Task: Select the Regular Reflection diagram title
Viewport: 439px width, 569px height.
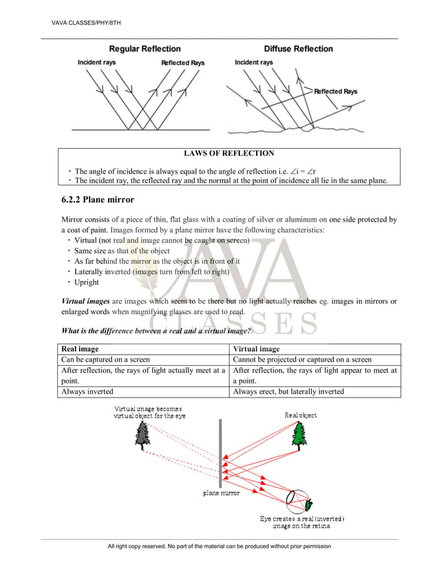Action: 145,49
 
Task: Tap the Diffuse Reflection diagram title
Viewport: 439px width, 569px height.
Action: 298,49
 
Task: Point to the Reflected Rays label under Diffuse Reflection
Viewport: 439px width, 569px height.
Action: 336,92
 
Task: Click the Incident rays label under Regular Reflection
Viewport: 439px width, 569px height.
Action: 96,63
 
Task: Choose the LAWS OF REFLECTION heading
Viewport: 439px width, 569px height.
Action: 229,154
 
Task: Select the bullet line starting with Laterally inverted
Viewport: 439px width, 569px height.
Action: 152,271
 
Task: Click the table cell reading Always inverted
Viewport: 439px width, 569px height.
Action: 89,392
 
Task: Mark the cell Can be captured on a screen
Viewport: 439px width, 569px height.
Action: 106,360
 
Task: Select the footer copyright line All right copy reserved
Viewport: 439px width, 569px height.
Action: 219,546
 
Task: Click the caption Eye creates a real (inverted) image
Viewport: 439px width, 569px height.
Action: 301,521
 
